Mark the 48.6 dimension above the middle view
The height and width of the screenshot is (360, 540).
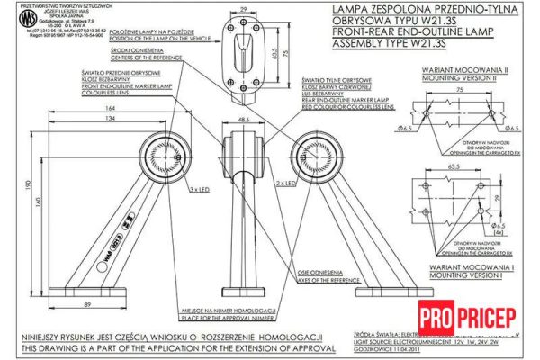243,119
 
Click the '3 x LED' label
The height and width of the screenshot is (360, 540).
200,190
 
